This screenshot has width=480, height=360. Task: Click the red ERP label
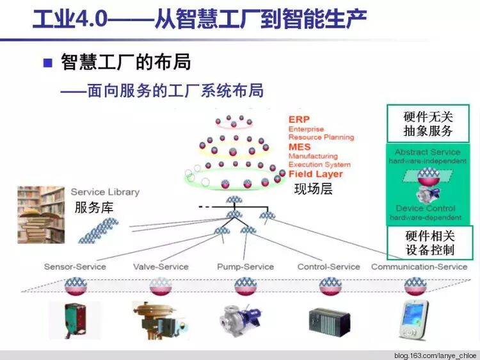coord(299,120)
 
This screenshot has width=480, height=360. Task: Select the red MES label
coord(300,147)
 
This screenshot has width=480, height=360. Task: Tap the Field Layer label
coord(316,174)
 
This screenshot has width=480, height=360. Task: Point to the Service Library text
coord(105,192)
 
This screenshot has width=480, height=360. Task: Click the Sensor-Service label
coord(75,266)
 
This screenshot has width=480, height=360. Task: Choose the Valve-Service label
coord(161,266)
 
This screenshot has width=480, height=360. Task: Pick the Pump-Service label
coord(245,266)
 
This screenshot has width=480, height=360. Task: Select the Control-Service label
coord(329,266)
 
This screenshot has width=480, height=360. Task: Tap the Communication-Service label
coord(419,266)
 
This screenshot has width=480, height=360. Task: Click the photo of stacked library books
coord(42,215)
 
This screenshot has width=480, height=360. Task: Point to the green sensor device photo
coord(76,320)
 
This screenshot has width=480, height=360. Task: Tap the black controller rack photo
coord(329,321)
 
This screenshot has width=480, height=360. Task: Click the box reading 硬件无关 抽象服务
coord(428,124)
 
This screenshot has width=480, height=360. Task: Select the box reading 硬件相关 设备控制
coord(429,243)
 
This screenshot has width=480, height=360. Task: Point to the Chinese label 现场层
coord(313,189)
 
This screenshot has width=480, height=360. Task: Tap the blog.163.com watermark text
coord(435,354)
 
